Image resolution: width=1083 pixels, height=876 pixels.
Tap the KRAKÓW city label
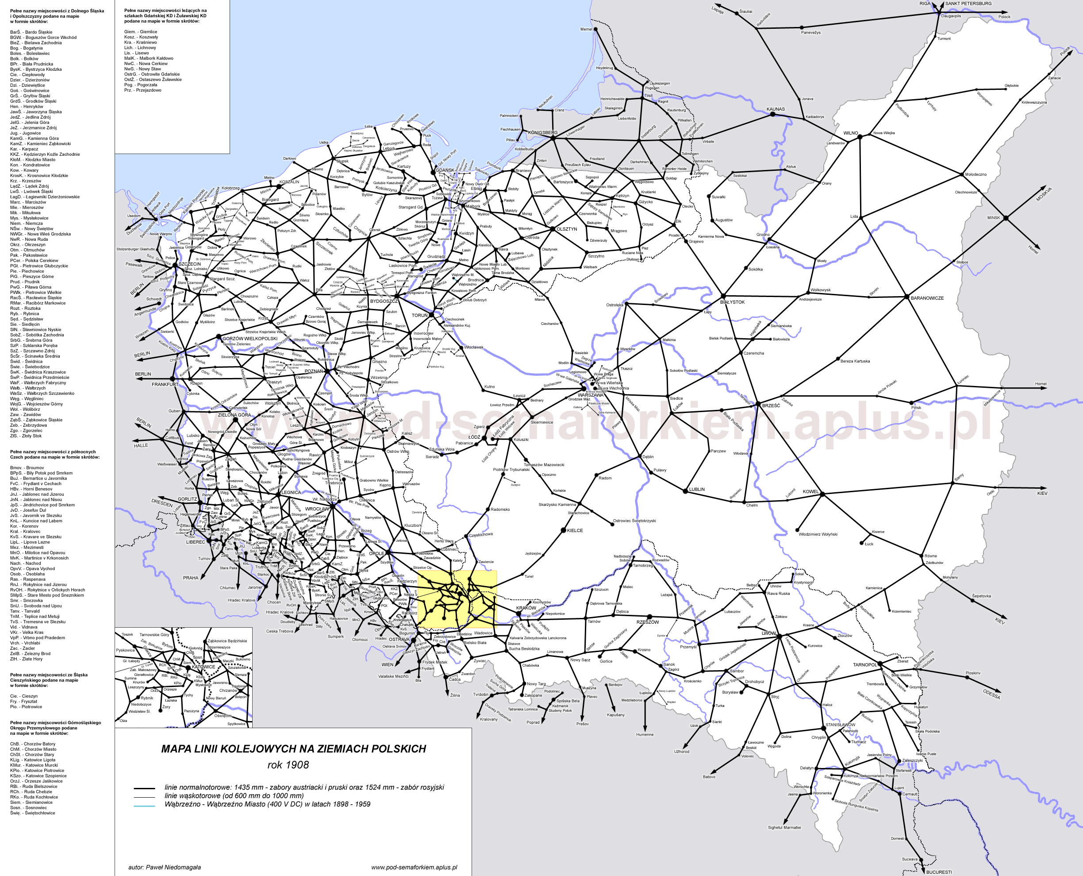click(x=526, y=608)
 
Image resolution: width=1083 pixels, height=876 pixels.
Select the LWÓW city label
click(x=768, y=633)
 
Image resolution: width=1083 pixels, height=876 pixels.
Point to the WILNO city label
click(x=851, y=133)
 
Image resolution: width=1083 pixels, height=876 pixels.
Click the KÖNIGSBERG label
click(x=542, y=133)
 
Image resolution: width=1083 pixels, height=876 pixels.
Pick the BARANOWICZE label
click(x=927, y=298)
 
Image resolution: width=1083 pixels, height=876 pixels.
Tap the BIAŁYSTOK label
click(x=732, y=302)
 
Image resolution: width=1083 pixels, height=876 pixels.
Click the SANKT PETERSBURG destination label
click(x=968, y=4)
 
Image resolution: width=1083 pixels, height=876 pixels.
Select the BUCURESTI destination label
click(x=939, y=872)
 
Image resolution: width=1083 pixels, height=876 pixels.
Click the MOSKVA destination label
click(x=1044, y=194)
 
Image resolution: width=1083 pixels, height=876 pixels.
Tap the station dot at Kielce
click(x=564, y=530)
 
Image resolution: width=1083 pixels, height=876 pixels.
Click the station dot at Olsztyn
click(x=553, y=229)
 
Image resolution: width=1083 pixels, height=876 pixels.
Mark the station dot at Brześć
click(x=758, y=404)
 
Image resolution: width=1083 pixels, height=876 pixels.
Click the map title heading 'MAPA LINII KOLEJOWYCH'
click(x=293, y=749)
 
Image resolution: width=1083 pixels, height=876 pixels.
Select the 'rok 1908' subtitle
click(x=288, y=765)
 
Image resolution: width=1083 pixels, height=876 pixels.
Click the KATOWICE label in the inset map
click(x=203, y=667)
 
